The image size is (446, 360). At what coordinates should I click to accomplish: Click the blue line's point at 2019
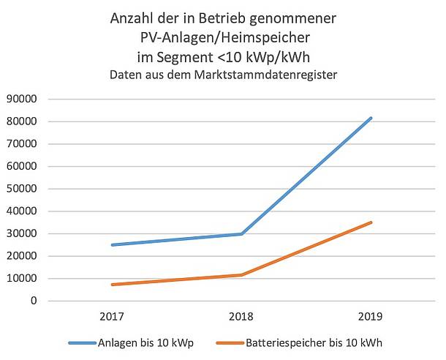click(x=371, y=118)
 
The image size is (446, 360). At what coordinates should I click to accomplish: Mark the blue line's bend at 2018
click(x=241, y=234)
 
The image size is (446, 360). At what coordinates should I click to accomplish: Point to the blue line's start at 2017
click(x=112, y=244)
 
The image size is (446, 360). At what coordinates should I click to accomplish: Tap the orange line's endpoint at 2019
click(x=371, y=222)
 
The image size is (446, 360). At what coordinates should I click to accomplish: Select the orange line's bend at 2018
click(x=241, y=275)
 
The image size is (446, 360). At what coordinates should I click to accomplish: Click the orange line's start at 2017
click(x=112, y=285)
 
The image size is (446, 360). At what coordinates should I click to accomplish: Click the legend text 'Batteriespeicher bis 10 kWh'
click(x=314, y=342)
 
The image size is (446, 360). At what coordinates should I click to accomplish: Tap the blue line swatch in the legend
click(x=82, y=342)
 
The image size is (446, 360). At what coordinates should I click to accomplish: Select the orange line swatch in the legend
click(x=230, y=342)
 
